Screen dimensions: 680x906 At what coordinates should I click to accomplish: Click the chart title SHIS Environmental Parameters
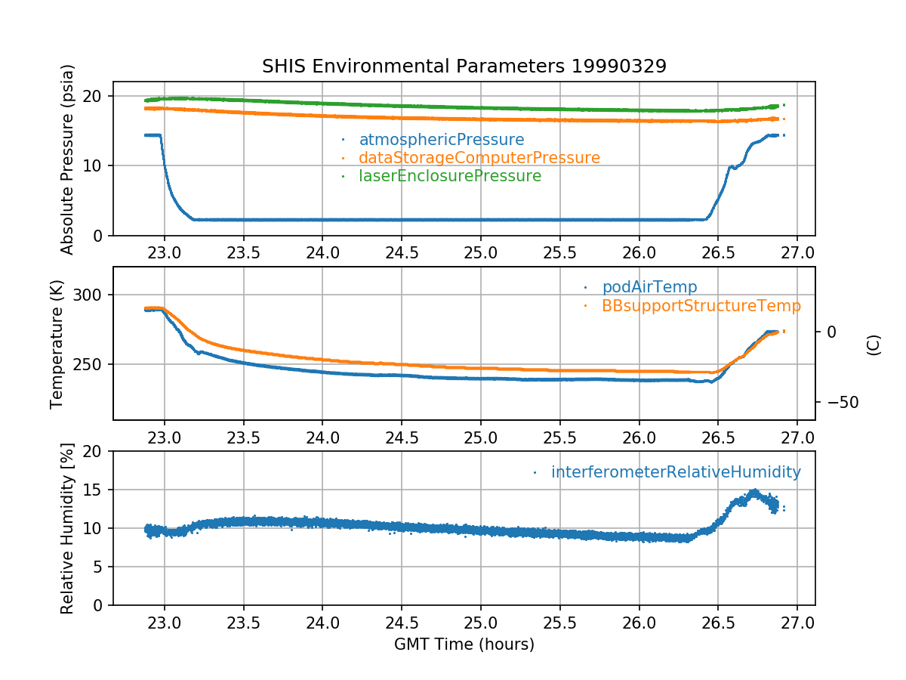coord(464,66)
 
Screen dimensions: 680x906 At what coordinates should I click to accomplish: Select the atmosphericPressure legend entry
coord(441,140)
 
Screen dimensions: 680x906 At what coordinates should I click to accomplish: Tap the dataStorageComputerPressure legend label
coord(479,158)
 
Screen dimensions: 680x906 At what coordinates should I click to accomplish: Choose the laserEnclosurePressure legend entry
coord(449,176)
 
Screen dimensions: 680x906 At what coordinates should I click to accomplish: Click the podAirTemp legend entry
coord(649,287)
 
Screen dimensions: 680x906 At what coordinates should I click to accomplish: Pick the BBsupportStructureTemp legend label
coord(701,306)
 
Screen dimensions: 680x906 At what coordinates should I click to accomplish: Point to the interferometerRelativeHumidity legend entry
coord(675,472)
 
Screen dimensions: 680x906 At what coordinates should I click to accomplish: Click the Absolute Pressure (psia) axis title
coord(68,159)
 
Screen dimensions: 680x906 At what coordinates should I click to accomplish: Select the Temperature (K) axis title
coord(57,343)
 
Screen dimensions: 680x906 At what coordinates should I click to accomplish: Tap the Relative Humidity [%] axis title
coord(68,528)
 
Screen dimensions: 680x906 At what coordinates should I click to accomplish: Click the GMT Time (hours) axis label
coord(464,644)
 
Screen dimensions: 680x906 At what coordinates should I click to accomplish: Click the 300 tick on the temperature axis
coord(91,295)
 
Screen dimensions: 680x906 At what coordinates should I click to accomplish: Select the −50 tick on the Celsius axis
coord(839,402)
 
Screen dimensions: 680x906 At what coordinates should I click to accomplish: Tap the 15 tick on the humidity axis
coord(96,490)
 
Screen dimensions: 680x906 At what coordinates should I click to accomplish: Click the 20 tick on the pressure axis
coord(96,96)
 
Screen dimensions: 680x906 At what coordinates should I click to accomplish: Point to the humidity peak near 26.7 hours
coord(753,493)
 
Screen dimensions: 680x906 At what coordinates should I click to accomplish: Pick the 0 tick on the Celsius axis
coord(831,332)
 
